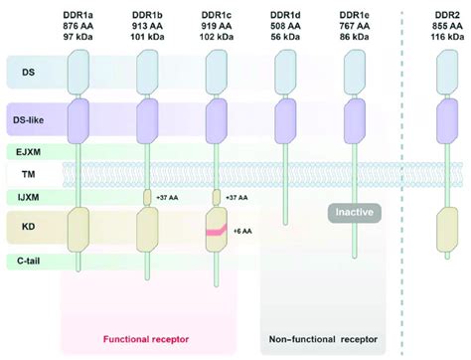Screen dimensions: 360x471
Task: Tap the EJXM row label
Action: pyautogui.click(x=31, y=151)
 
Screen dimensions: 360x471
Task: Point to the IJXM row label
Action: pyautogui.click(x=31, y=197)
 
